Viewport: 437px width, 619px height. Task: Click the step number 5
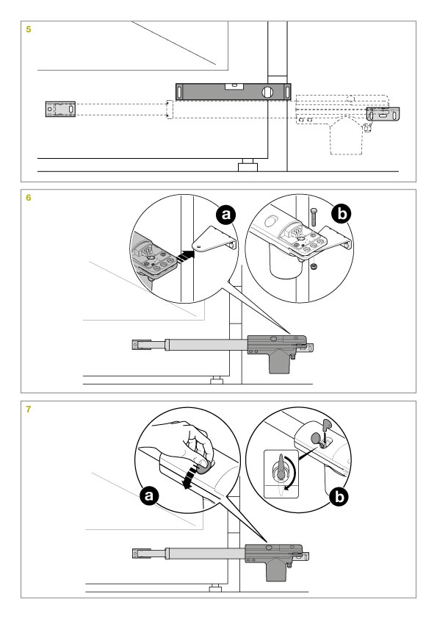tap(29, 29)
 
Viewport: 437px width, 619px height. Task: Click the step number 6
tap(29, 197)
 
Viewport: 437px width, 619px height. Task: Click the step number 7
tap(29, 409)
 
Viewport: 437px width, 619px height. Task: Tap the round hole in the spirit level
tap(267, 92)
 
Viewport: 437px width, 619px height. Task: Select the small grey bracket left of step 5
tap(60, 109)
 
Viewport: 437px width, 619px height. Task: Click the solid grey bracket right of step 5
tap(383, 114)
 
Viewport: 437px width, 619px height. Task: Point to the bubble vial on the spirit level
tap(233, 85)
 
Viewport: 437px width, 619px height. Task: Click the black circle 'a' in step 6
tap(225, 215)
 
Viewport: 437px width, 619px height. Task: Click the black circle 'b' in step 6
tap(342, 214)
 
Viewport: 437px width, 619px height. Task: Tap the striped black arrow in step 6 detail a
tap(185, 257)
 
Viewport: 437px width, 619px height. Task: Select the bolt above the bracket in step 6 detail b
tap(314, 217)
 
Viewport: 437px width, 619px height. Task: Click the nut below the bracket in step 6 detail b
tap(314, 268)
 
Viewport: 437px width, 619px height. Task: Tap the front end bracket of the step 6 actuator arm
tap(141, 345)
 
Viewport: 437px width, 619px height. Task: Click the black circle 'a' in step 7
tap(148, 495)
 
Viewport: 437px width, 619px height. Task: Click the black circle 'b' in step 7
tap(339, 497)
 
